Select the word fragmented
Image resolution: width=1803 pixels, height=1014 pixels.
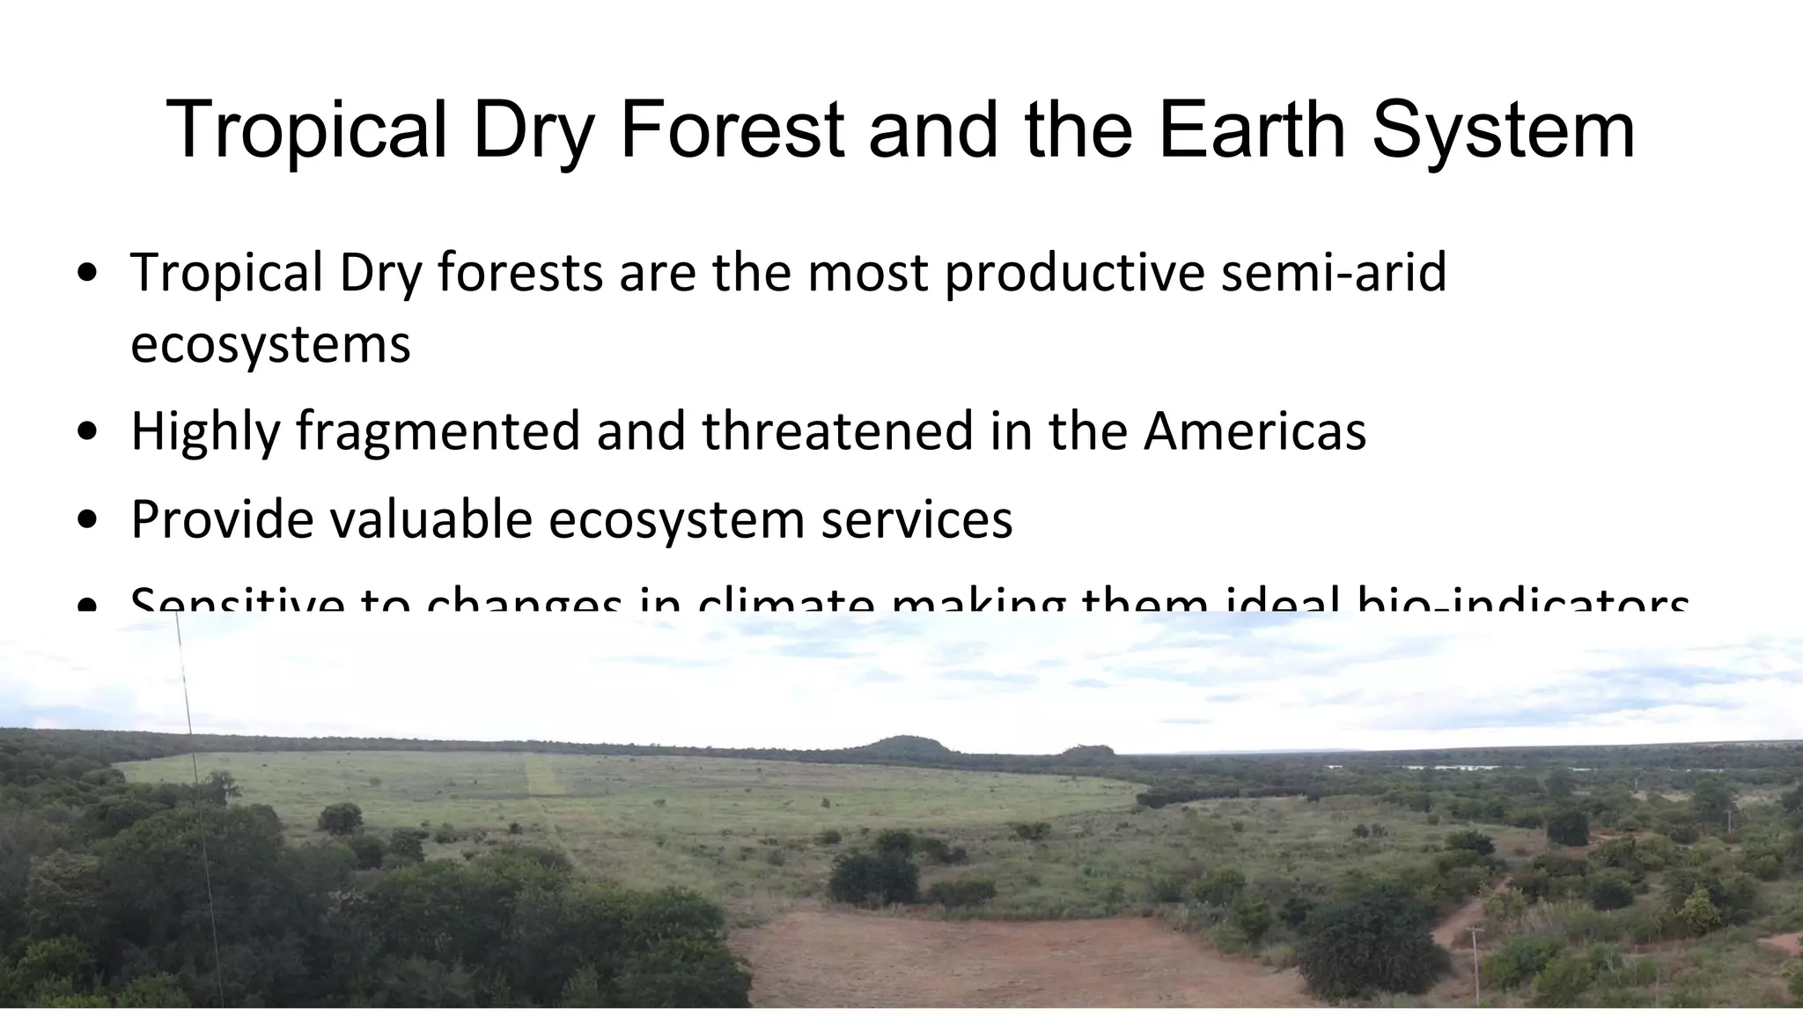pyautogui.click(x=438, y=432)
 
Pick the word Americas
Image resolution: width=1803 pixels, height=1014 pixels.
pyautogui.click(x=1255, y=430)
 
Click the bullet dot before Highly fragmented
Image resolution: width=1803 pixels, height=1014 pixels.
pyautogui.click(x=87, y=432)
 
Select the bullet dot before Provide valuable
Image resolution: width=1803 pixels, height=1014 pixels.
pyautogui.click(x=87, y=520)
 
